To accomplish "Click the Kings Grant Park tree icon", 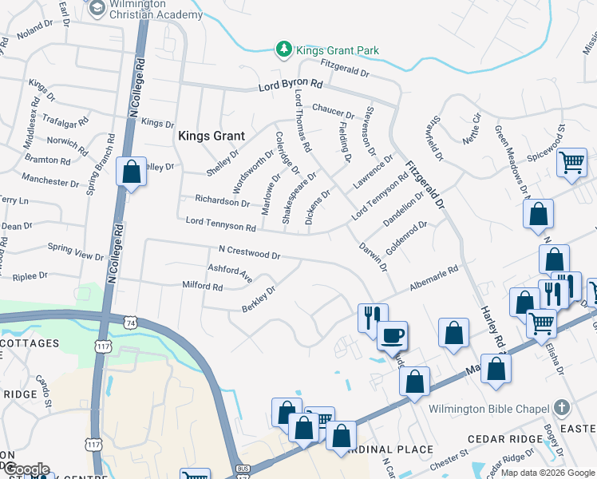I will (x=283, y=50).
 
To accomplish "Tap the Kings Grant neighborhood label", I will (x=211, y=136).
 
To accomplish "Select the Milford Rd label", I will (x=202, y=285).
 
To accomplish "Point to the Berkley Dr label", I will (x=259, y=299).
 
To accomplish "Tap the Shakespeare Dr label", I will (x=300, y=196).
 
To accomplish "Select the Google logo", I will (x=26, y=469).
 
